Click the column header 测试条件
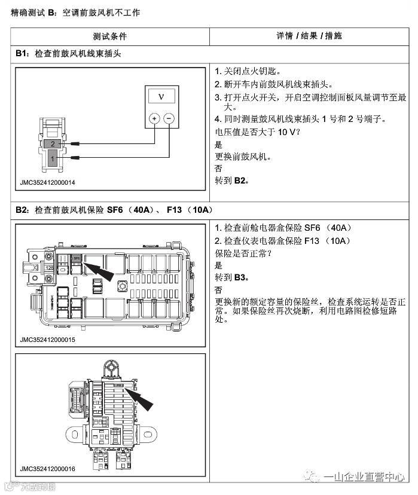tap(110, 36)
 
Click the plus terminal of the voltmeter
tap(154, 118)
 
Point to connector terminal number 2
tap(53, 144)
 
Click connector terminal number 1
tap(53, 158)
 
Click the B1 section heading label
tap(22, 53)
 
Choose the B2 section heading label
tap(22, 210)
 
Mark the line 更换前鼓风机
tap(242, 157)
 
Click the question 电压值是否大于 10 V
tap(257, 132)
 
